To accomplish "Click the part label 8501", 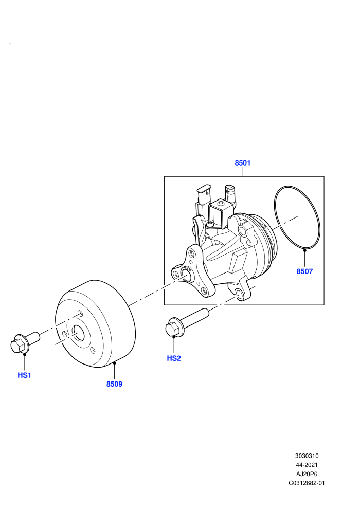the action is tap(243, 162).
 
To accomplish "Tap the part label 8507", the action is tap(304, 271).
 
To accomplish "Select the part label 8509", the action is tap(114, 384).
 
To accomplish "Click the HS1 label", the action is tap(24, 375).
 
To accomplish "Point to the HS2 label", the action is tap(174, 358).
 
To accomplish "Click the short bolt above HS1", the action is tap(25, 342).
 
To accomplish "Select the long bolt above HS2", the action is tap(187, 323).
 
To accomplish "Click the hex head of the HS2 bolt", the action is tap(172, 329).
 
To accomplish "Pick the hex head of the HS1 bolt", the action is tap(17, 346).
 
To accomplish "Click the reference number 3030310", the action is tap(307, 456).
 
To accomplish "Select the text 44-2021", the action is tap(307, 465).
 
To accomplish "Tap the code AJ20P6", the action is tap(307, 474).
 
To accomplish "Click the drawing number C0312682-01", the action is tap(307, 483).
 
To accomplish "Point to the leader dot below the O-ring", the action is tap(304, 250).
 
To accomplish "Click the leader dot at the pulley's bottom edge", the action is tap(114, 363).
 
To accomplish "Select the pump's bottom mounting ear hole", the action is tap(239, 294).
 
